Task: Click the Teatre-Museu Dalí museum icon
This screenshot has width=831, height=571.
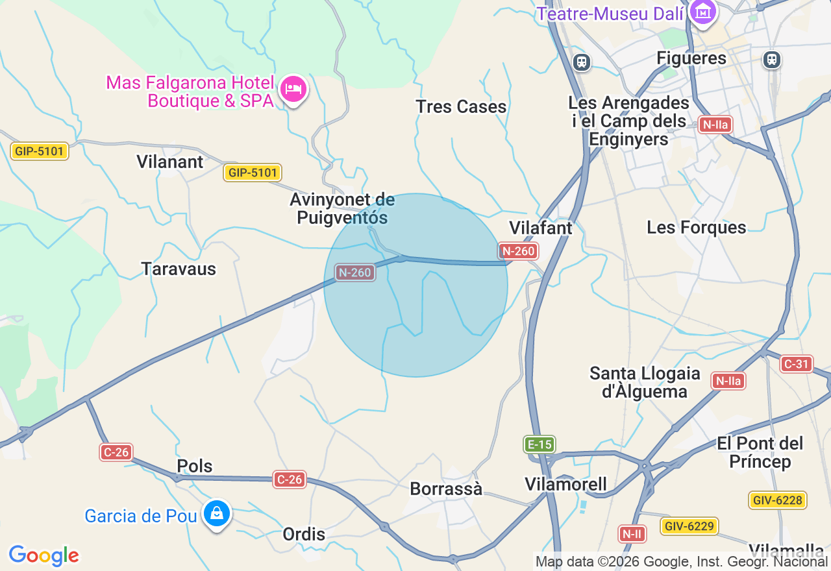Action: click(x=702, y=11)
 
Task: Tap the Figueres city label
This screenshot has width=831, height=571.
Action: click(x=691, y=58)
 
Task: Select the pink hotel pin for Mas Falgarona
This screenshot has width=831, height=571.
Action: click(x=293, y=89)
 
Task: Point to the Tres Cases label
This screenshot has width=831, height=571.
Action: click(x=461, y=106)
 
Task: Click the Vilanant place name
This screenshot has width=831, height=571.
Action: click(x=170, y=162)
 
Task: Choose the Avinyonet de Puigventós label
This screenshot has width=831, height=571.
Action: click(x=342, y=209)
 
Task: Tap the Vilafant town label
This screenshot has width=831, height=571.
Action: click(x=541, y=228)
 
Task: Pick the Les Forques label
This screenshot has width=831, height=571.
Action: click(x=696, y=227)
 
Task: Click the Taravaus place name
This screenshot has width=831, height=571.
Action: click(x=179, y=269)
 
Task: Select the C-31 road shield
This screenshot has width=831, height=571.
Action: click(x=796, y=364)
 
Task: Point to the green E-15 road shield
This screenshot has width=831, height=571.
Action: click(x=540, y=444)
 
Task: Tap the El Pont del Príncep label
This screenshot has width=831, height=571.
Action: click(x=760, y=452)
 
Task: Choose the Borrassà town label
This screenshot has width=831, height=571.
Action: click(x=446, y=489)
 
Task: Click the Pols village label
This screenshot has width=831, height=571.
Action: click(x=195, y=466)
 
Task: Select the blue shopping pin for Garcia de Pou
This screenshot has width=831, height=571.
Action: click(x=216, y=514)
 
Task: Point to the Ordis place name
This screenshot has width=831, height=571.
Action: click(x=304, y=534)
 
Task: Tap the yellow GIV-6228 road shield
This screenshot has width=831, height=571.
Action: click(x=777, y=500)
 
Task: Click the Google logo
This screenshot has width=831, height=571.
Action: click(x=43, y=555)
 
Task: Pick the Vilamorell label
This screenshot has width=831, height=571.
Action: click(x=565, y=484)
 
